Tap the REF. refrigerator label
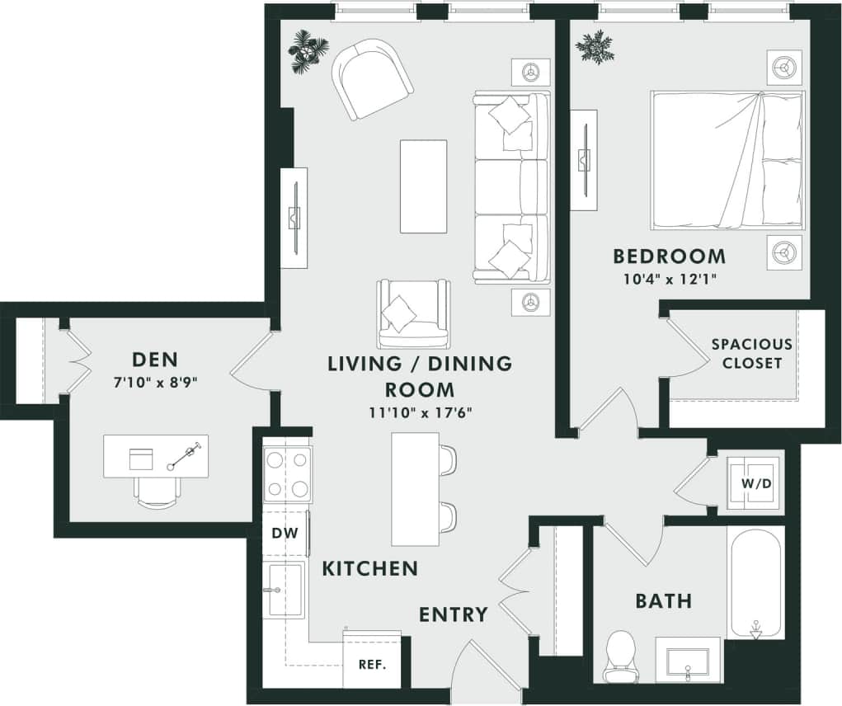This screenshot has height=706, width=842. coord(373,664)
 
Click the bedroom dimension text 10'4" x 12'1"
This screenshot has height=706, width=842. coord(669,278)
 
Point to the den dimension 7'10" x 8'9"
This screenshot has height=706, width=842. coord(156,382)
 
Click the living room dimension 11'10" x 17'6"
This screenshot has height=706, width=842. coord(420,412)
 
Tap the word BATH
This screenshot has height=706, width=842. coord(663,600)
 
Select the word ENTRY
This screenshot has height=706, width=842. coord(454,614)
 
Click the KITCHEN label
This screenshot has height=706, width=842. coord(369,568)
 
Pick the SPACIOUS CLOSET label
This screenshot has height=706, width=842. coord(751,353)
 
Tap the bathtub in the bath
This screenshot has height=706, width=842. coord(755,581)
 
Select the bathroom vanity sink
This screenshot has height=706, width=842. coord(687,660)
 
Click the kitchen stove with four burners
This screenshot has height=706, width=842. coord(288,474)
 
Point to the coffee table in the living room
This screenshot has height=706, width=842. coord(424,186)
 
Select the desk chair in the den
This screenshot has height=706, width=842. coord(157,492)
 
